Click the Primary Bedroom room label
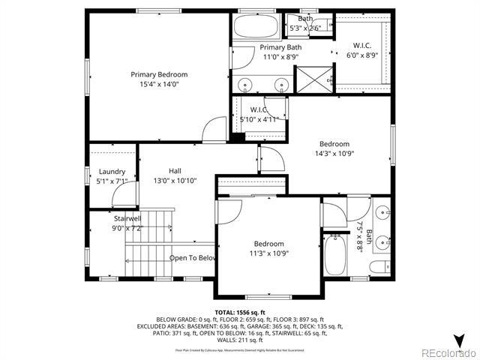click(159, 74)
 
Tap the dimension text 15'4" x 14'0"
click(159, 85)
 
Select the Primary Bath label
click(280, 46)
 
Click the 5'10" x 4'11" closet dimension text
click(259, 119)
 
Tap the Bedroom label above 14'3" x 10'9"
click(334, 144)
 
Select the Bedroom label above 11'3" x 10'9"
click(268, 244)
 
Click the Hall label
click(175, 170)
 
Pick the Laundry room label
click(112, 171)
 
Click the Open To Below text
click(193, 258)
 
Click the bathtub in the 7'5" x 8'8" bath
click(336, 255)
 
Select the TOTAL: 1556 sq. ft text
click(240, 312)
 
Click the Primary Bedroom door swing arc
click(214, 127)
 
